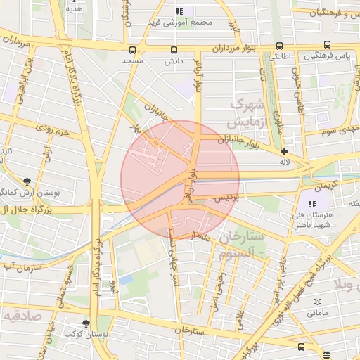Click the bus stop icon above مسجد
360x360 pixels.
[132, 50]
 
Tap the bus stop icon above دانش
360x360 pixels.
[174, 50]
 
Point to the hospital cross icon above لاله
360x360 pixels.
[284, 151]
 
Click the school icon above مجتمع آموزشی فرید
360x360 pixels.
[179, 11]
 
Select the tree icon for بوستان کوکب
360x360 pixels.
[86, 323]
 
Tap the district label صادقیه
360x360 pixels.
[22, 316]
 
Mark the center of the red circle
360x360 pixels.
[180, 180]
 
